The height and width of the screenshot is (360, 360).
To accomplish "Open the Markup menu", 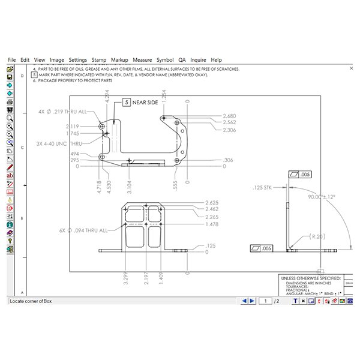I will click(x=119, y=60).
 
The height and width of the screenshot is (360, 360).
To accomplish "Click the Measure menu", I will click(x=142, y=60).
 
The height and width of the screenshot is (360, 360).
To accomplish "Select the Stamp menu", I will click(x=98, y=60).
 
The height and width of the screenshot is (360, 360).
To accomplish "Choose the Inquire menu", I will click(x=198, y=60).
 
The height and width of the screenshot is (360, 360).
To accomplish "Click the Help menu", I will click(x=216, y=60).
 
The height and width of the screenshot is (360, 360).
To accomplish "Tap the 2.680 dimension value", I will click(x=229, y=116).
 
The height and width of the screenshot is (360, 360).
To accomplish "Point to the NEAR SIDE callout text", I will click(x=145, y=103).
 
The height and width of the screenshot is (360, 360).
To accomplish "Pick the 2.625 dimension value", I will click(x=212, y=202).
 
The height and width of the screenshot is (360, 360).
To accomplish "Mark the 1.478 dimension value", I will click(x=212, y=224).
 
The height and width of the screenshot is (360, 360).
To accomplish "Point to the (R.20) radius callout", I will click(x=318, y=237).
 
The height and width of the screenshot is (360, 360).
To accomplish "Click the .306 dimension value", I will click(x=227, y=160).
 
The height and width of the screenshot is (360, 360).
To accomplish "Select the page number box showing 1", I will click(x=265, y=301).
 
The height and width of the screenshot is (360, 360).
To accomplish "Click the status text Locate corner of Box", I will click(x=35, y=301).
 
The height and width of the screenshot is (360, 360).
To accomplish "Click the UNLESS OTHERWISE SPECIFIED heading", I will click(x=310, y=278).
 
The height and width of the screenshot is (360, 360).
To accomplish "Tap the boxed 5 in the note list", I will click(x=35, y=74).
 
